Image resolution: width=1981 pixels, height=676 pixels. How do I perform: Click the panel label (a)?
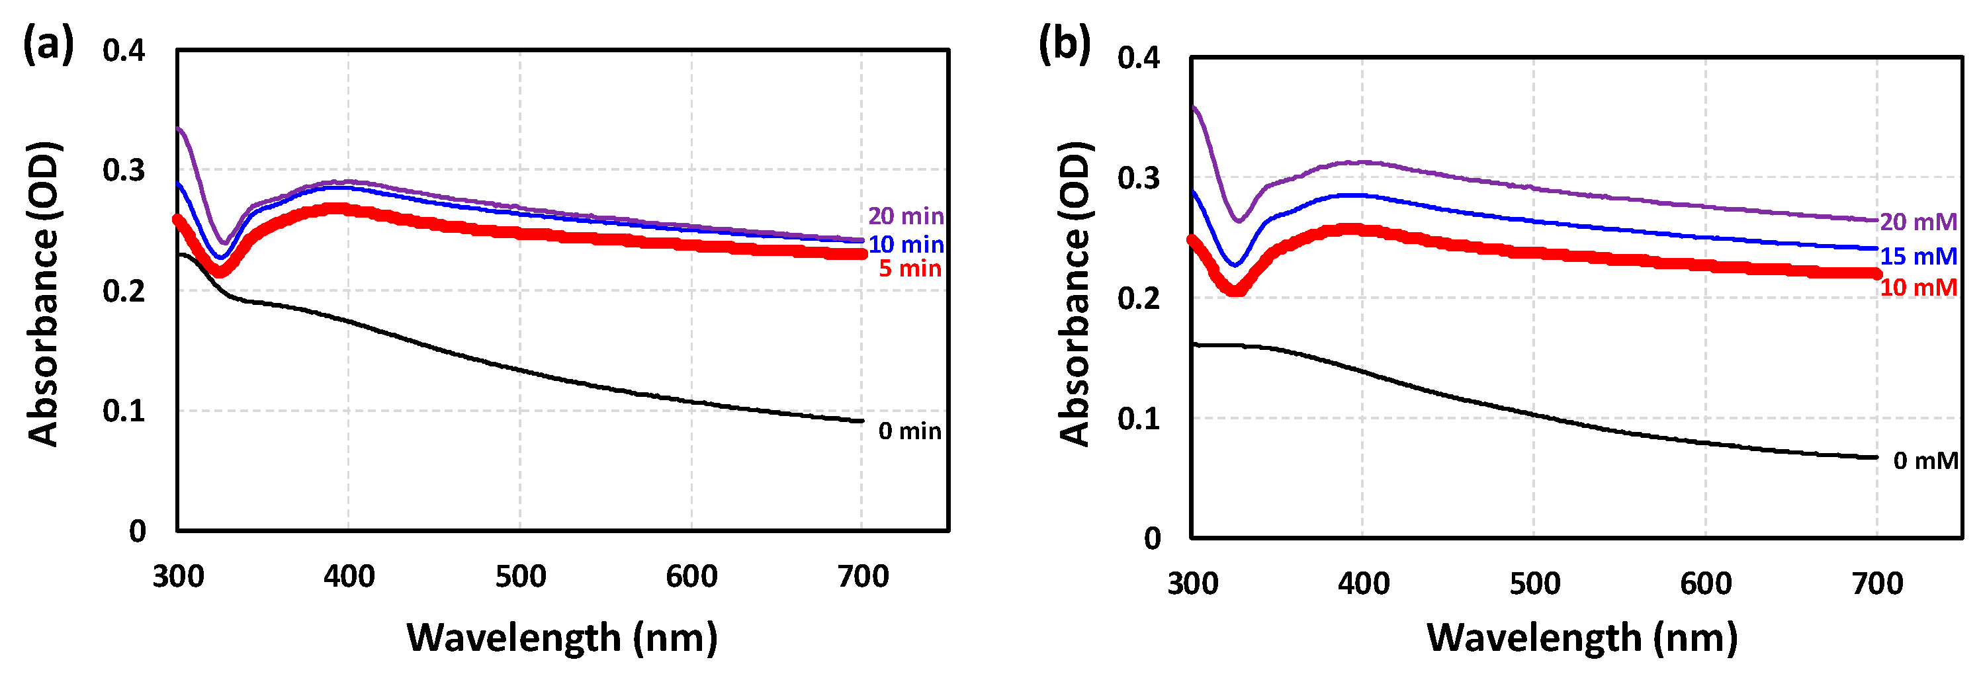[48, 44]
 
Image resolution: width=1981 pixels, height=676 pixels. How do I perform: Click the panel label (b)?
[1065, 44]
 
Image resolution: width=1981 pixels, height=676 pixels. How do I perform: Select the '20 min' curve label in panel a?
[905, 216]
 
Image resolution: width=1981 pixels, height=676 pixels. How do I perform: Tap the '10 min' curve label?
[905, 245]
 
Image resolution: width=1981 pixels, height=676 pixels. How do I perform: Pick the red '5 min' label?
[910, 269]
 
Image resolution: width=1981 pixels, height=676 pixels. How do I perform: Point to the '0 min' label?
[910, 431]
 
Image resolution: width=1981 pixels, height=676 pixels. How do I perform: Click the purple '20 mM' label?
[1918, 222]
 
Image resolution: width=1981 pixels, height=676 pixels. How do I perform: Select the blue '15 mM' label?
[1918, 256]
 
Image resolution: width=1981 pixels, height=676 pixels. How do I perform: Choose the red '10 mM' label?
[1918, 288]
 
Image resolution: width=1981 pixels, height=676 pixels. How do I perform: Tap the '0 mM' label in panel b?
[1925, 460]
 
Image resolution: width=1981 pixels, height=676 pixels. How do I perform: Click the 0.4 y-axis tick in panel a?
[124, 51]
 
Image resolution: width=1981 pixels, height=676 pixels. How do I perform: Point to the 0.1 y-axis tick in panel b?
[1138, 419]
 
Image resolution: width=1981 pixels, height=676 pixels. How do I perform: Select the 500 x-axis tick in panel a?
[520, 576]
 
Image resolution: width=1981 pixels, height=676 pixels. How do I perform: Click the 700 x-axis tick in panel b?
[1876, 583]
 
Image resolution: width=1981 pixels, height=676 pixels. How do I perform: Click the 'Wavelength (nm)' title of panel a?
[562, 638]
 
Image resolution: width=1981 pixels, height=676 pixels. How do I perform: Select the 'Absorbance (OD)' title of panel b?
[1075, 294]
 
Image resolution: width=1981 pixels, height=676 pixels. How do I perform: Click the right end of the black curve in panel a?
[861, 421]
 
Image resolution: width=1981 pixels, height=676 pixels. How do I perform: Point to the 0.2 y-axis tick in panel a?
[124, 290]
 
